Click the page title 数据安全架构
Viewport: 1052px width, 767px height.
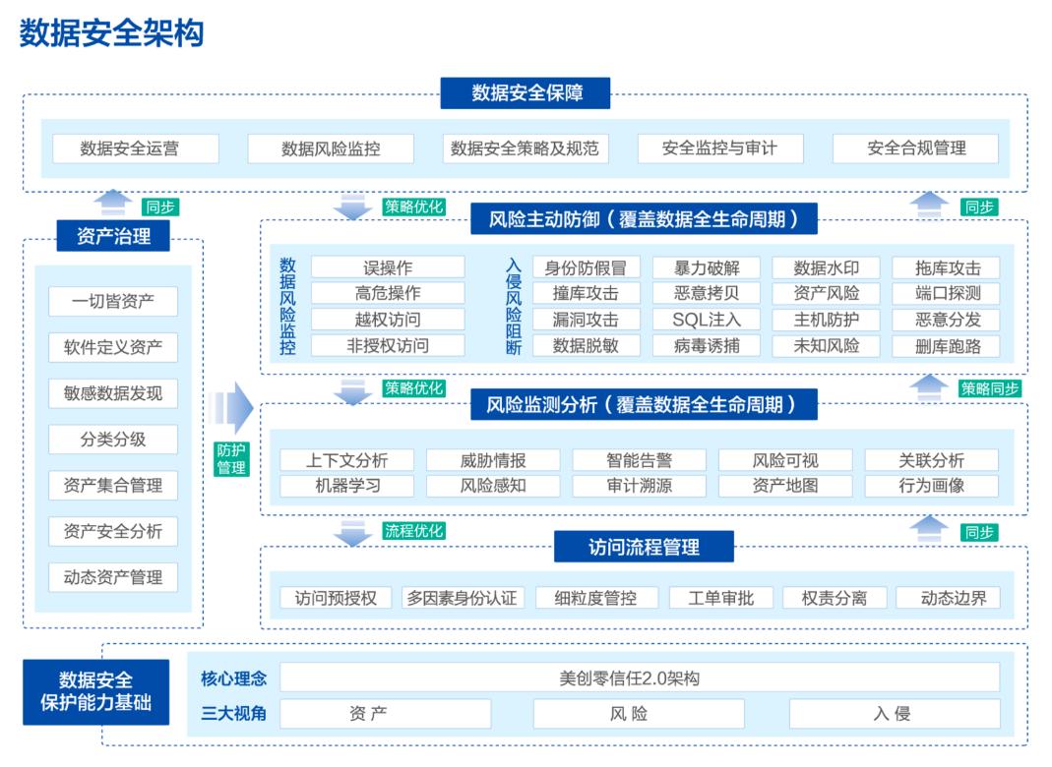(x=111, y=32)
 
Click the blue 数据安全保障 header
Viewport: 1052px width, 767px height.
(x=526, y=93)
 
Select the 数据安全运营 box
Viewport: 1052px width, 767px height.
(x=136, y=148)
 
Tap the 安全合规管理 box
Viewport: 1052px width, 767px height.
(x=915, y=148)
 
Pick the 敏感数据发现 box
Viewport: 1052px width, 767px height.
(x=113, y=393)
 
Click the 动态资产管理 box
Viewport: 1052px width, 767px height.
(x=113, y=577)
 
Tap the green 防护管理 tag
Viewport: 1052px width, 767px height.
(x=231, y=459)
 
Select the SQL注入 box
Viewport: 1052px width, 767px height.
(x=707, y=320)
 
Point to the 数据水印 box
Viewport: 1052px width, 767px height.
(x=827, y=267)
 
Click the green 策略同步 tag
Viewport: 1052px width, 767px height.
(x=991, y=388)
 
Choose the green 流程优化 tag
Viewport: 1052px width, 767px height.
(x=413, y=531)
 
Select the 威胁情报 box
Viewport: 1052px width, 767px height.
(x=493, y=460)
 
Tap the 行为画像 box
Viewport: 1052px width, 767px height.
(x=931, y=486)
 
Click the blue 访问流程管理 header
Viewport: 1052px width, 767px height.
(x=644, y=547)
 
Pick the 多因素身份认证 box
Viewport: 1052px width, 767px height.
(x=464, y=598)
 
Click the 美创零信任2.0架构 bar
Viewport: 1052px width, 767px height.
(x=640, y=678)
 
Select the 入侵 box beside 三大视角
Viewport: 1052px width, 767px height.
(x=894, y=714)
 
